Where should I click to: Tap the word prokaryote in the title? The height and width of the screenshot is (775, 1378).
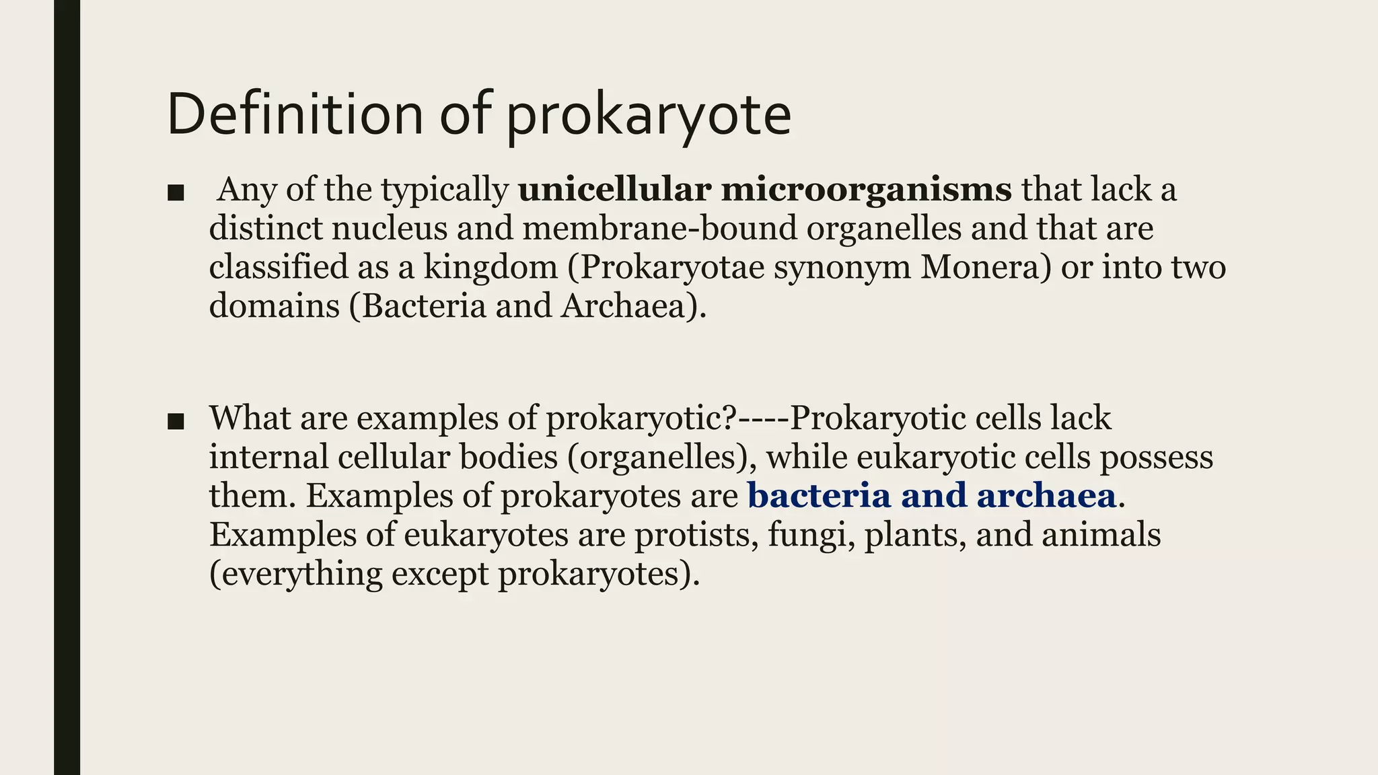click(648, 116)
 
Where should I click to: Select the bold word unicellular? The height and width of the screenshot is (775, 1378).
click(614, 189)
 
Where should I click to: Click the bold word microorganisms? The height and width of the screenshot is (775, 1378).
click(866, 190)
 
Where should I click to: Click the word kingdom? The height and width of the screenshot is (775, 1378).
click(490, 268)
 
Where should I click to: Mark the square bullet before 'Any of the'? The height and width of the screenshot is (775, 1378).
click(176, 194)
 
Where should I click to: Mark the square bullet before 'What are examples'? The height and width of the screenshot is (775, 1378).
click(176, 422)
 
